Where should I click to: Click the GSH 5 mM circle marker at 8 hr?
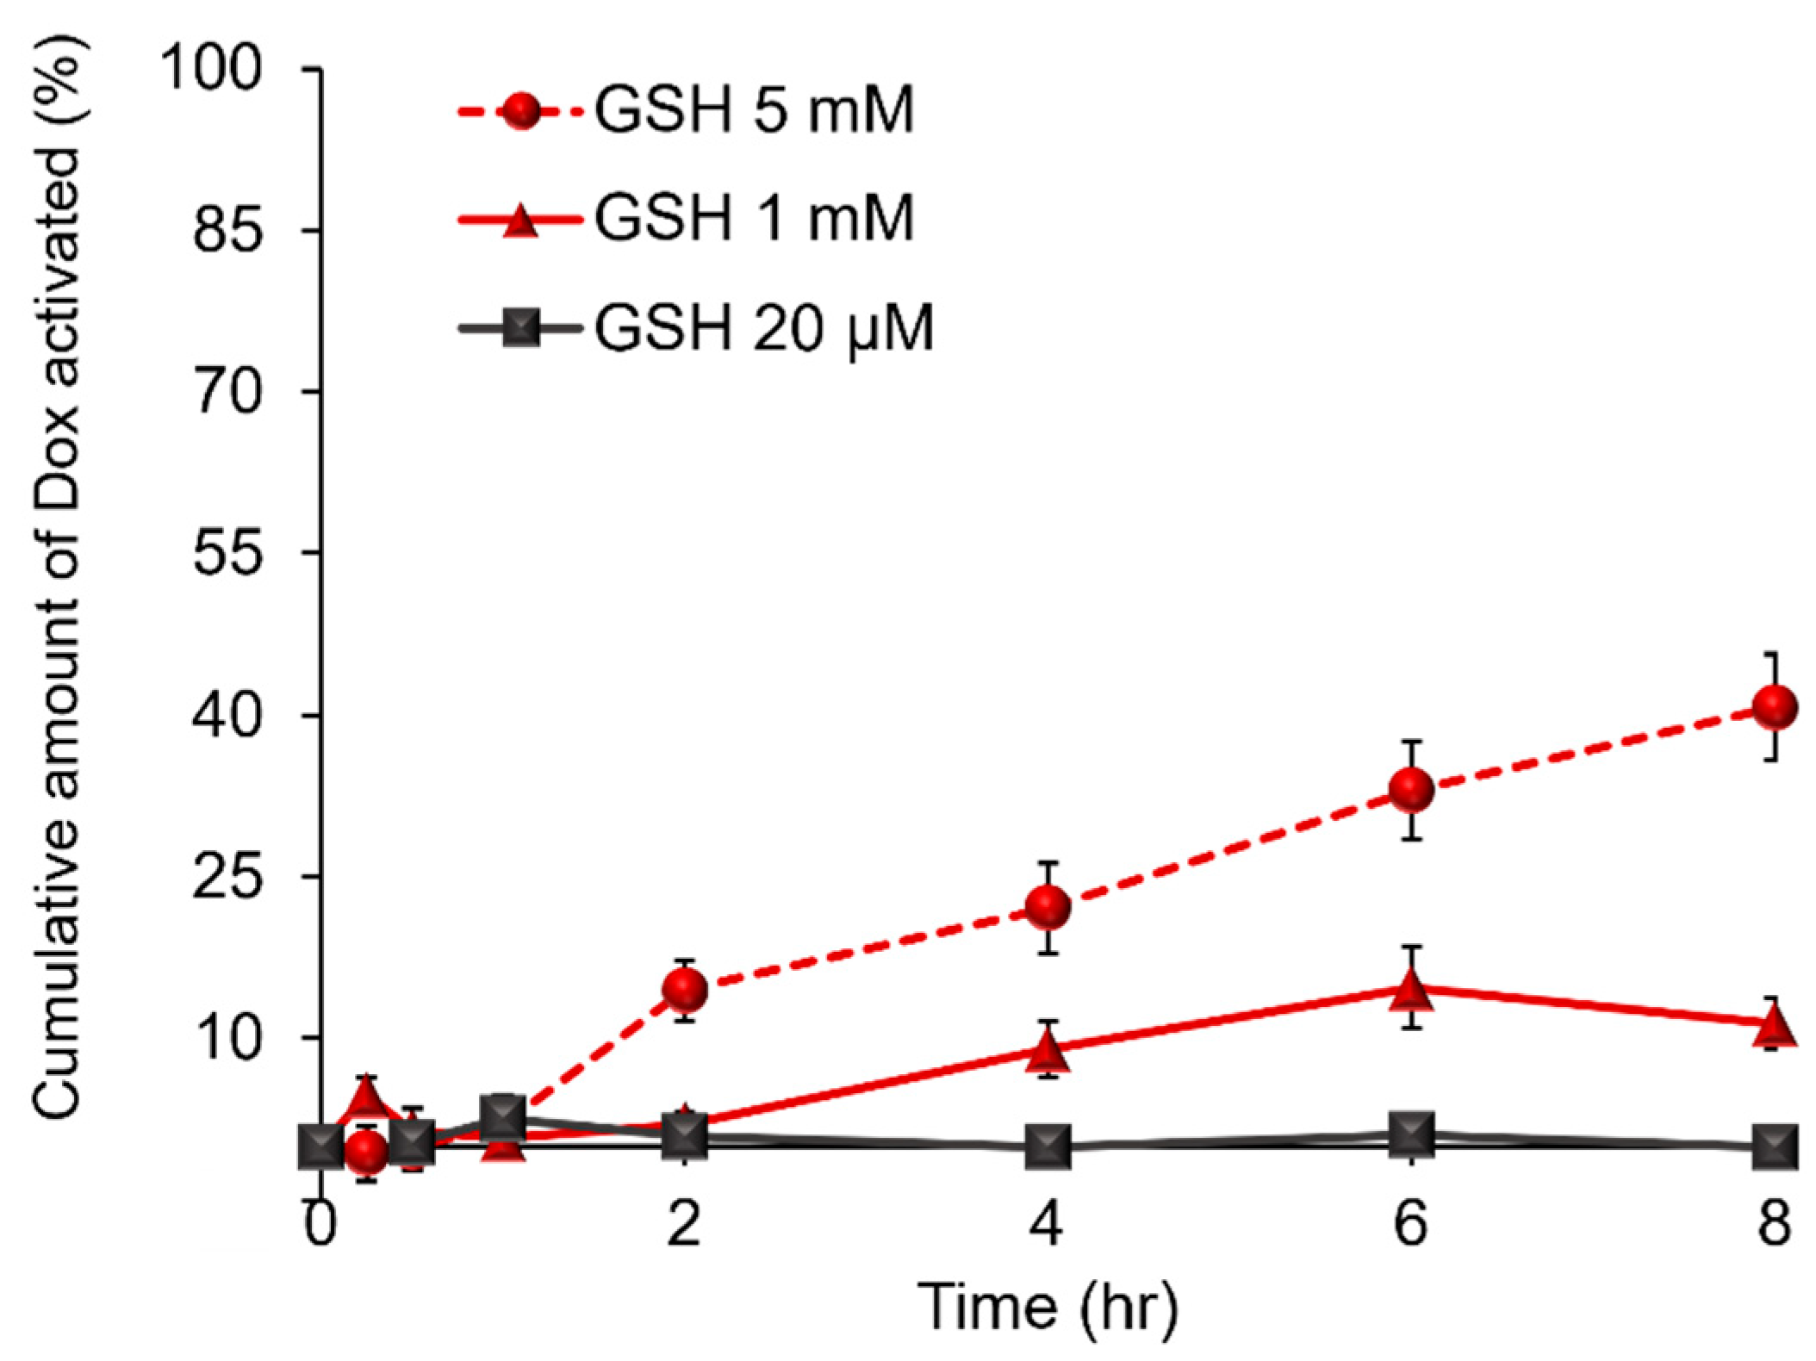[x=1776, y=707]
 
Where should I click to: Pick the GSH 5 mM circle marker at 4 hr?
[x=1048, y=906]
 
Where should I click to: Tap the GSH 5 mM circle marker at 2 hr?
[x=686, y=989]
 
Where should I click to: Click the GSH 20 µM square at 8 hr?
[x=1776, y=1147]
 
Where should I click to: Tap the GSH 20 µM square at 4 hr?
[x=1048, y=1147]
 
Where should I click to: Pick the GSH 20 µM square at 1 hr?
[x=504, y=1118]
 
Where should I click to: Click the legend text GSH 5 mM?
[x=754, y=111]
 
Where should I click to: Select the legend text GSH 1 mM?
[x=754, y=218]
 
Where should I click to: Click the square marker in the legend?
[x=519, y=328]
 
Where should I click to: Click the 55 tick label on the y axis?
[x=227, y=551]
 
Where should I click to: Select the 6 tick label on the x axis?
[x=1411, y=1222]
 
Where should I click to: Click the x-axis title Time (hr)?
[x=1047, y=1307]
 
